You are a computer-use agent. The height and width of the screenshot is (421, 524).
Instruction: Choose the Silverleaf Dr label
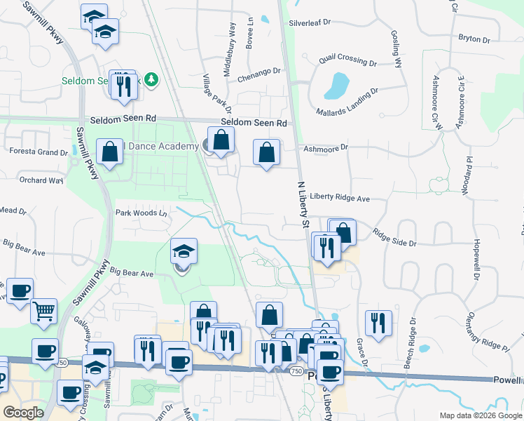point(309,22)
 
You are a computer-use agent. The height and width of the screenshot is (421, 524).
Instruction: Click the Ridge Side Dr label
point(394,238)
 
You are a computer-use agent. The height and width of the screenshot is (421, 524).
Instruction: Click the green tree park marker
point(151,79)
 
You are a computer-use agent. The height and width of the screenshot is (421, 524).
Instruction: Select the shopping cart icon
point(43,309)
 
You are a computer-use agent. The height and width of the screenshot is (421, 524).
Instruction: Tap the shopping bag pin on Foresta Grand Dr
point(110,152)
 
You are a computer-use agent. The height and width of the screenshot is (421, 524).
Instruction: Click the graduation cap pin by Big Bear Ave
point(183,251)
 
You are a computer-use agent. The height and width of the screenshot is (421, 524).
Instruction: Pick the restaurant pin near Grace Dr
point(378,323)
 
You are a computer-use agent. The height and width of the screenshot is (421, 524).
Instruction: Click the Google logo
point(23,413)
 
